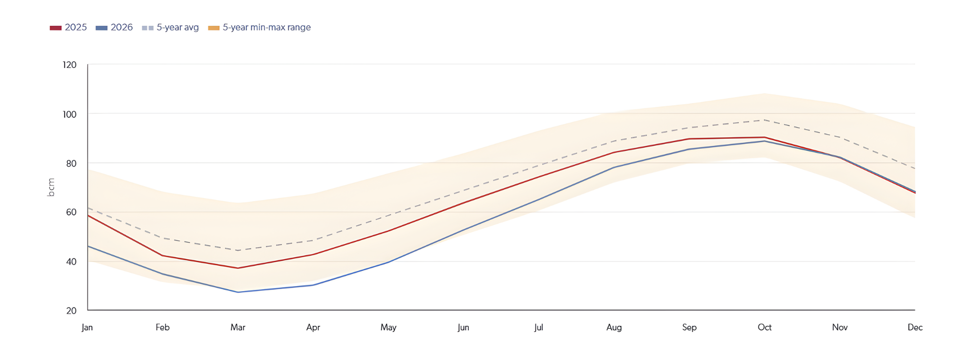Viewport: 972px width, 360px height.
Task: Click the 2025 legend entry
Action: click(68, 27)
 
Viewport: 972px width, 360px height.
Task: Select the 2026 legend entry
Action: click(114, 27)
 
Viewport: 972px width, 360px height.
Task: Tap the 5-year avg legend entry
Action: click(171, 27)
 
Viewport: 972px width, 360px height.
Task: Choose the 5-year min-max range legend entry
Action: click(260, 27)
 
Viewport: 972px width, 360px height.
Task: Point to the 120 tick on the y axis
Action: click(70, 65)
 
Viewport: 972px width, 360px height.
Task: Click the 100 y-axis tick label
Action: click(70, 114)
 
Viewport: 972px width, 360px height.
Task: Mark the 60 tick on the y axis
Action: click(71, 212)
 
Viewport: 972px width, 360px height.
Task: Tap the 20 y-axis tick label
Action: click(71, 310)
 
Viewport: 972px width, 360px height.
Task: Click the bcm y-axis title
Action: click(51, 187)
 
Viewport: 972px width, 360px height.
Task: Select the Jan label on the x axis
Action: click(87, 327)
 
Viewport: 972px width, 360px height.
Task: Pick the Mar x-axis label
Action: click(238, 327)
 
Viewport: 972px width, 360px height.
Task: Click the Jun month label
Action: click(463, 327)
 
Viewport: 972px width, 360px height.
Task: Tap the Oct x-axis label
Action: click(764, 327)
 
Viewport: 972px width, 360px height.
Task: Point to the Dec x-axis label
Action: click(915, 327)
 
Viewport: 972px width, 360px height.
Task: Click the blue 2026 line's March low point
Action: click(238, 292)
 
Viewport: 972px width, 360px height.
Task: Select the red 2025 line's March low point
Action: click(238, 268)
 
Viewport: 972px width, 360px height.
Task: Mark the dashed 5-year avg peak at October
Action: click(764, 120)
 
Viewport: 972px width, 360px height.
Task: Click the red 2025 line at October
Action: click(764, 137)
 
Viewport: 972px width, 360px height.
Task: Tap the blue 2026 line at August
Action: click(614, 167)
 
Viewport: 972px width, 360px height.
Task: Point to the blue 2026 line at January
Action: click(88, 246)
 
